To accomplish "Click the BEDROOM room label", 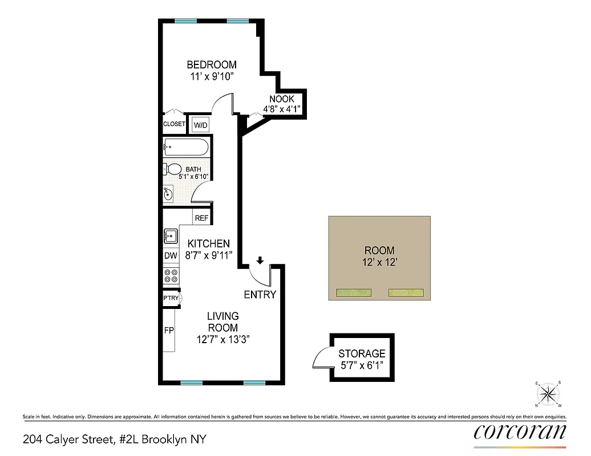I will point(211,65).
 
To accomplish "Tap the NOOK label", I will point(282,99).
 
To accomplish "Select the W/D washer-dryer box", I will point(201,125).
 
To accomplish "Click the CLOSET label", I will point(174,124).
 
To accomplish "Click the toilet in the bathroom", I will point(173,169).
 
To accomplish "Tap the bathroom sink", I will point(169,194).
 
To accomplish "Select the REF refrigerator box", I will point(201,218).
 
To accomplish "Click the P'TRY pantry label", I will point(171,298).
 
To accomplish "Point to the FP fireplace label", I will point(169,331).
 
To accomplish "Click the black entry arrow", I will point(260,260).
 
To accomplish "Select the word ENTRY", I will point(260,295).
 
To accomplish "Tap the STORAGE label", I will point(362,353).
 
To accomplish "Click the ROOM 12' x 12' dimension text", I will point(379,263).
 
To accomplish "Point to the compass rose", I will point(549,393).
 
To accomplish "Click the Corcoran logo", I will point(520,431).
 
